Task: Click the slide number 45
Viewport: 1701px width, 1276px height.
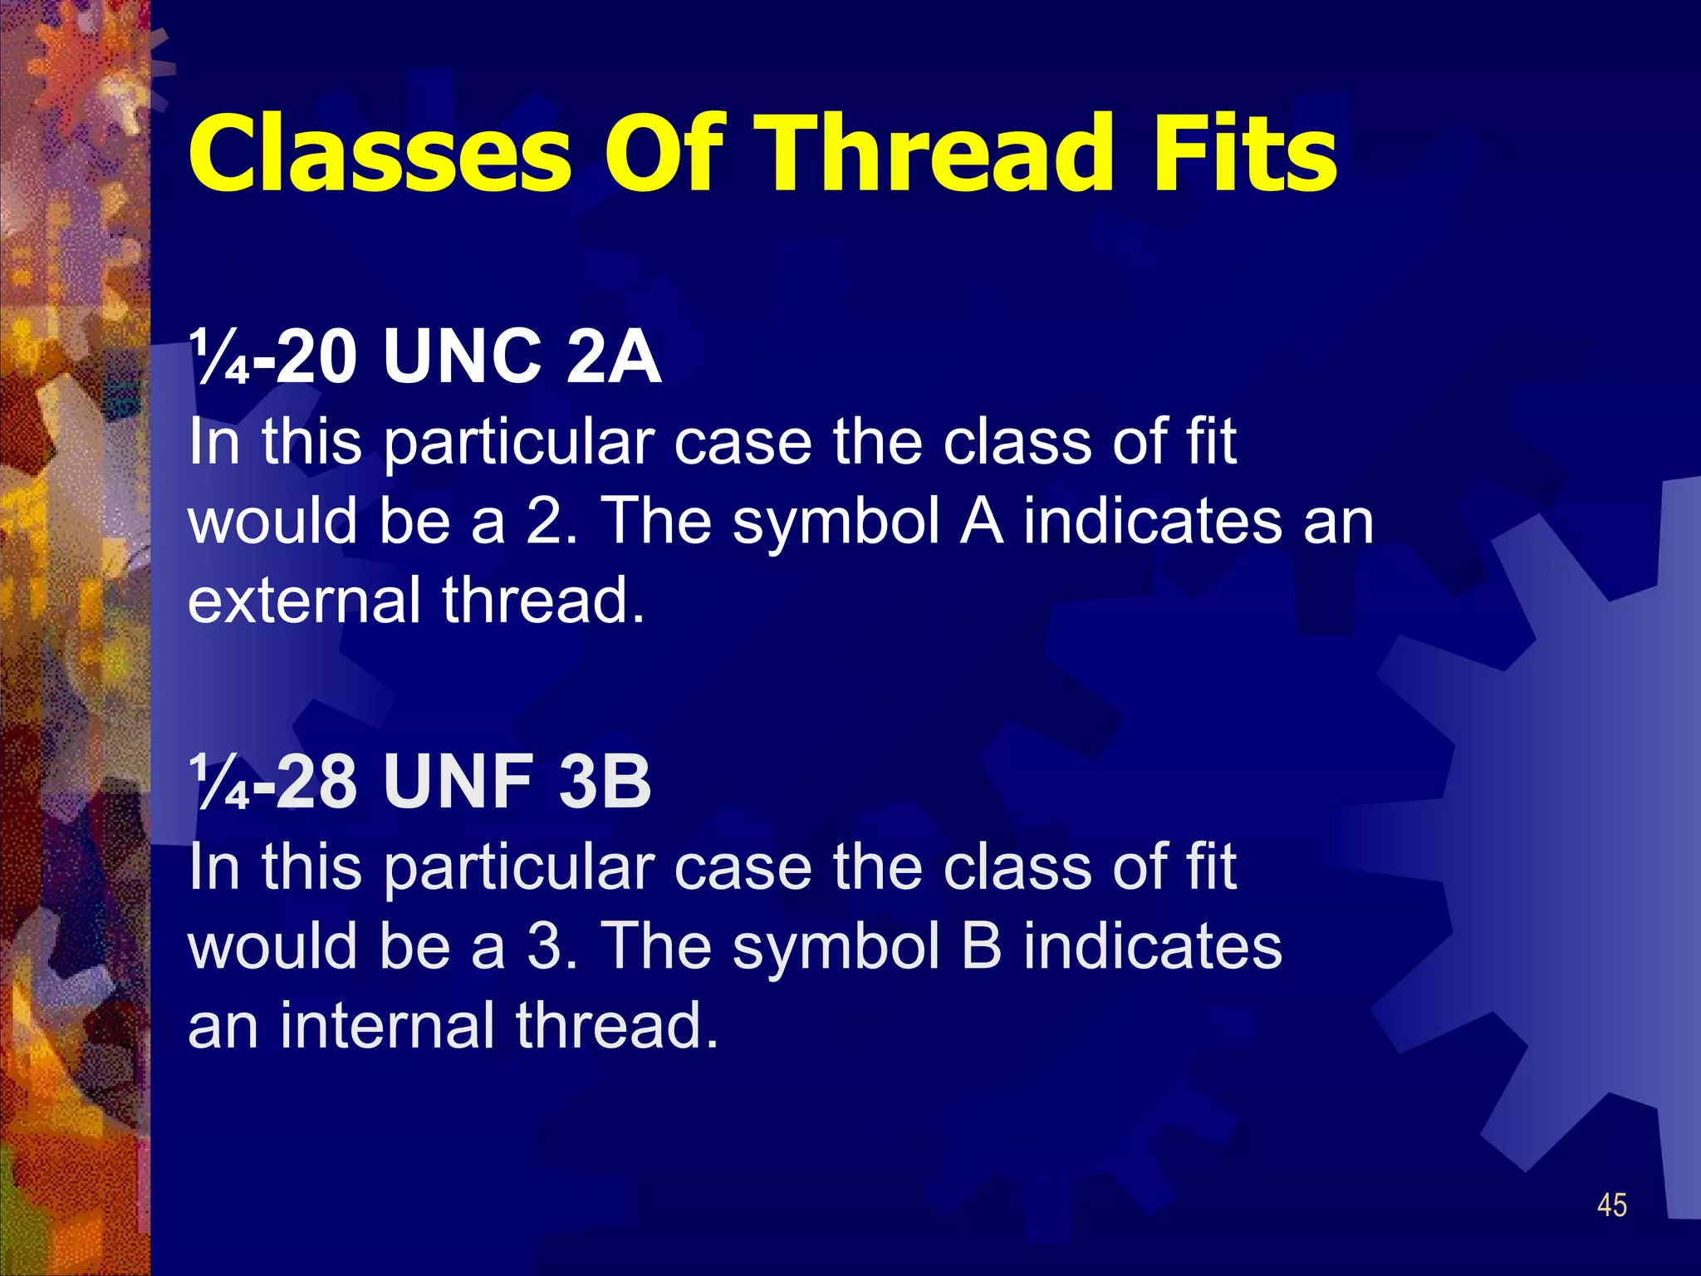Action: pyautogui.click(x=1611, y=1205)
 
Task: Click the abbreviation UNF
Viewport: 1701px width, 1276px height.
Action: pyautogui.click(x=458, y=783)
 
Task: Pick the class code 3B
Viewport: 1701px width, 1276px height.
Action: pyautogui.click(x=605, y=783)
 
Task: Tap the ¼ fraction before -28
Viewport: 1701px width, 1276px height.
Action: pyautogui.click(x=218, y=783)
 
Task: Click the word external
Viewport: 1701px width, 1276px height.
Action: pyautogui.click(x=304, y=600)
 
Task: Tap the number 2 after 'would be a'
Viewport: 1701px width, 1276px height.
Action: pyautogui.click(x=550, y=521)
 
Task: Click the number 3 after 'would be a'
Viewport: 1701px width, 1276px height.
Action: pyautogui.click(x=550, y=946)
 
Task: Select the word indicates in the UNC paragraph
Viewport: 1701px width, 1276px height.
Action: pyautogui.click(x=1152, y=521)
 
